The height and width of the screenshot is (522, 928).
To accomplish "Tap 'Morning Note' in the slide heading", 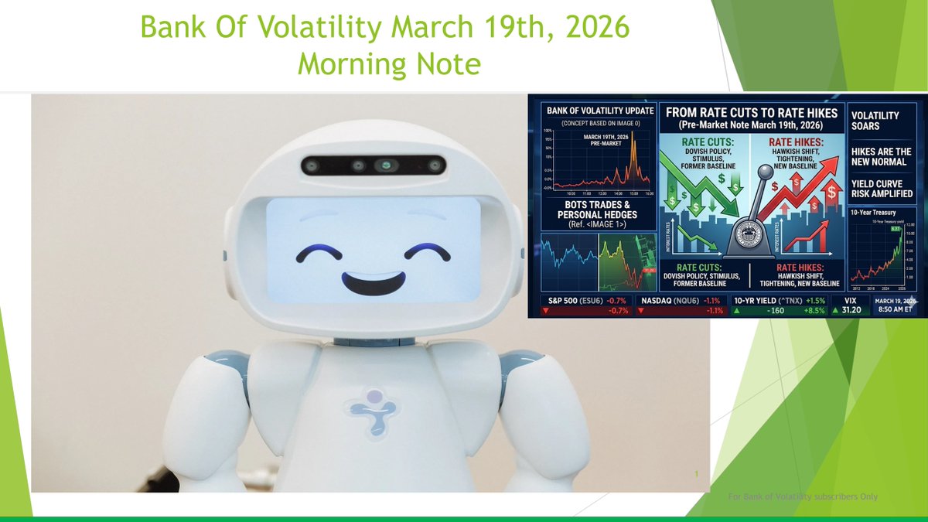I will click(388, 64).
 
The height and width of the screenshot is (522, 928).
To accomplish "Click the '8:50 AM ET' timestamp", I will click(895, 309).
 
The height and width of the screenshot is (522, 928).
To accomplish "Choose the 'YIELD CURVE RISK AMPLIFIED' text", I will click(881, 188).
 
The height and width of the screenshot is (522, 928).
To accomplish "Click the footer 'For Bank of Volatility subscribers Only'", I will click(803, 496).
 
